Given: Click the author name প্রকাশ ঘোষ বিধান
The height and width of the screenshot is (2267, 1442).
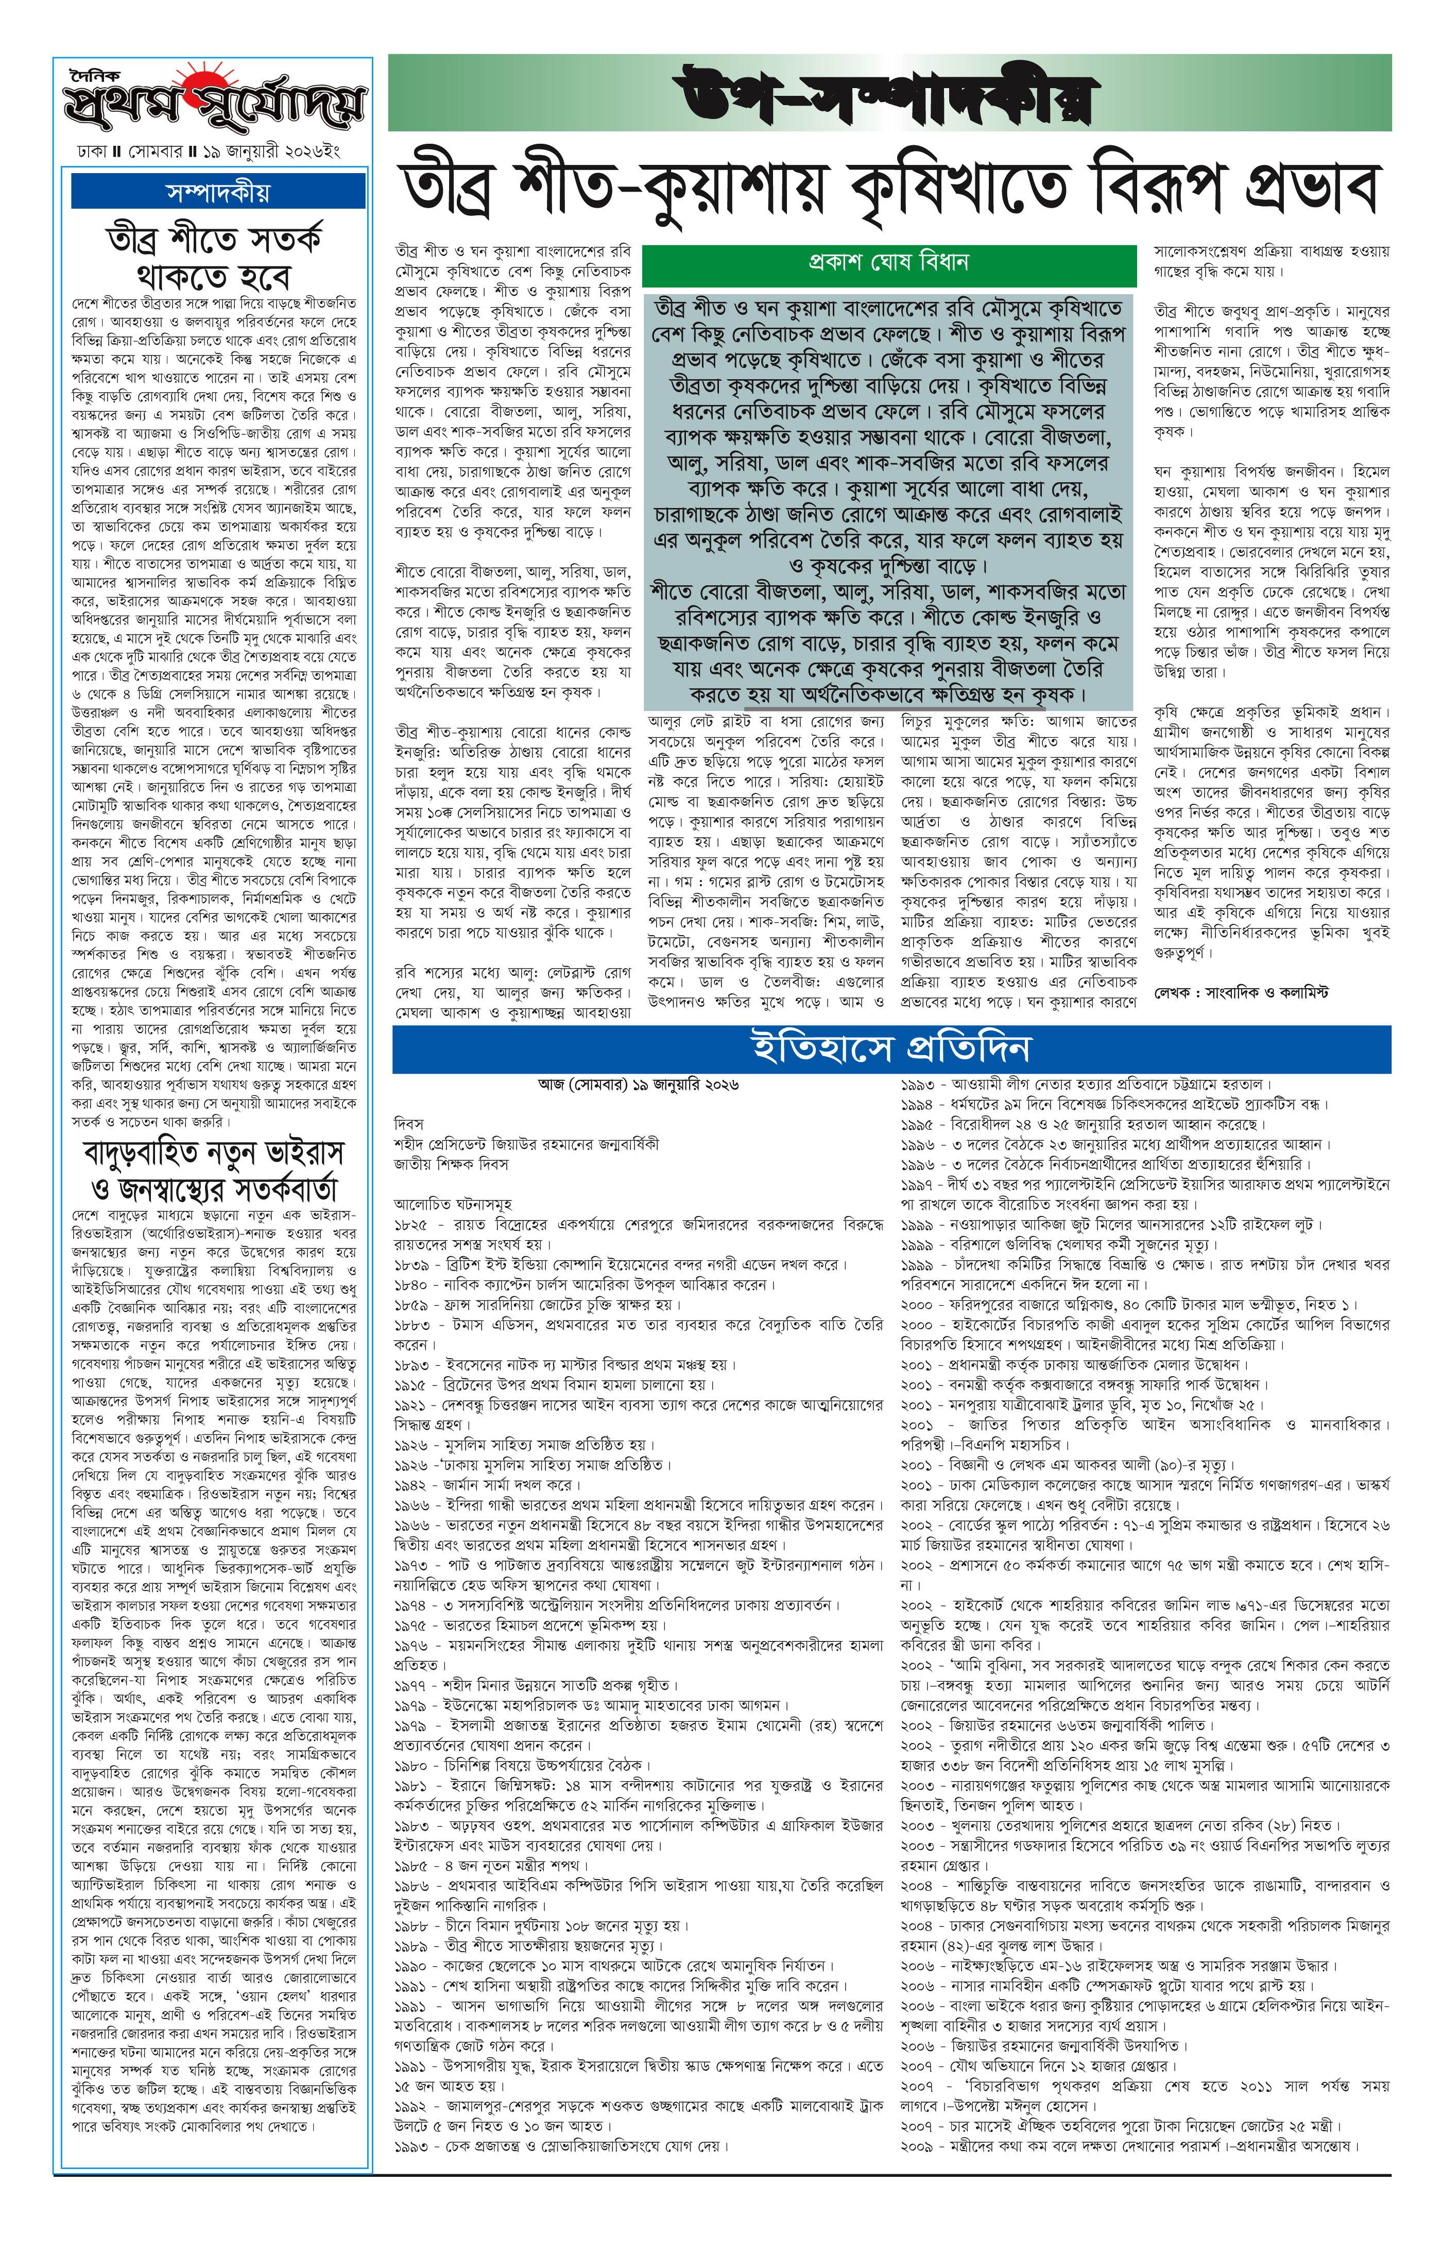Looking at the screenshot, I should (x=888, y=262).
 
